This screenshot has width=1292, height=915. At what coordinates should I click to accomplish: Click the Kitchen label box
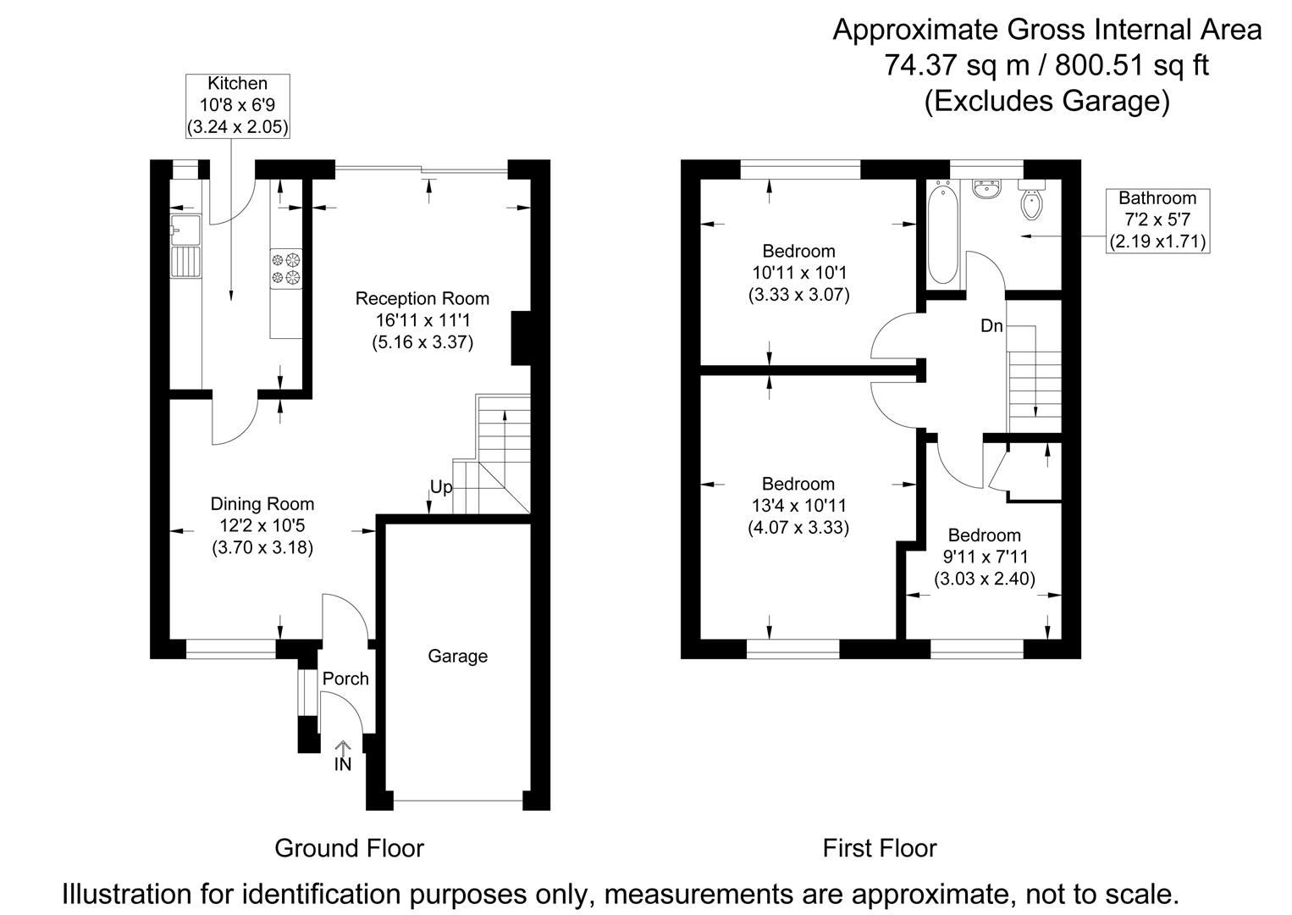[238, 106]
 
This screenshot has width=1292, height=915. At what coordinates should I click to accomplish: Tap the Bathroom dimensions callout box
[1157, 220]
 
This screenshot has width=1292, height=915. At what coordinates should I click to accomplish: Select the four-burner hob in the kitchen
[286, 268]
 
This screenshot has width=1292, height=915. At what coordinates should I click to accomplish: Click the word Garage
[457, 657]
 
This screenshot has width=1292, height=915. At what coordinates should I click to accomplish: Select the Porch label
[345, 679]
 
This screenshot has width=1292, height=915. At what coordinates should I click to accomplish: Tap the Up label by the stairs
[441, 488]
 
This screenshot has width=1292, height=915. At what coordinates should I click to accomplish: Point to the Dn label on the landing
[991, 325]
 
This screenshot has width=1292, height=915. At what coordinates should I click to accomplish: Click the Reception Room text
[422, 298]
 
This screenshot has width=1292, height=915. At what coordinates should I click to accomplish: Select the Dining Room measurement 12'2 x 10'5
[262, 525]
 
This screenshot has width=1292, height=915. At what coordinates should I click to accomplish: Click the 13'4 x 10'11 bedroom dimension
[798, 506]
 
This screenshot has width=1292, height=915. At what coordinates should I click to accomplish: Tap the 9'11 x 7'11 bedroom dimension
[984, 557]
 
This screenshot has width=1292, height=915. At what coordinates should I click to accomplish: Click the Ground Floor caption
[349, 848]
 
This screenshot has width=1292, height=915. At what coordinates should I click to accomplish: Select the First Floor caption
[880, 848]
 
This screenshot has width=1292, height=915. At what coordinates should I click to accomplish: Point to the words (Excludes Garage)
[1046, 101]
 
